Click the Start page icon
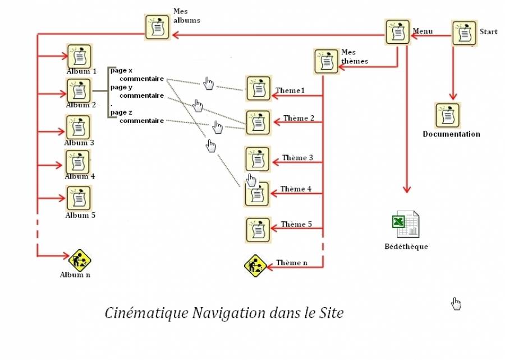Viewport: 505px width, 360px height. [465, 33]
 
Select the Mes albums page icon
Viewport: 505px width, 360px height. [158, 28]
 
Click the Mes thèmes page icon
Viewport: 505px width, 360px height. [327, 61]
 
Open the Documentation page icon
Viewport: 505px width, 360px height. [447, 115]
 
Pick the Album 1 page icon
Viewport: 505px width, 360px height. [79, 56]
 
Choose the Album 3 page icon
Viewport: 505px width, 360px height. [79, 127]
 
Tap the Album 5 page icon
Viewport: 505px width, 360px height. [79, 198]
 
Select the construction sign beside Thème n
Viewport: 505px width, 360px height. [255, 266]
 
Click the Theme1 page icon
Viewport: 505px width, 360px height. [258, 89]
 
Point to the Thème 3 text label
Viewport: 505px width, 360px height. [297, 158]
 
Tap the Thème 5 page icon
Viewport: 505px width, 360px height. [258, 229]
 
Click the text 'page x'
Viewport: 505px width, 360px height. [121, 70]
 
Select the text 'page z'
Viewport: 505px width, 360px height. [121, 112]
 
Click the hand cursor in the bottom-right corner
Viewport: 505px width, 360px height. [456, 304]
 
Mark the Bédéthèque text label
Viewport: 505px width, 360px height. [406, 247]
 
